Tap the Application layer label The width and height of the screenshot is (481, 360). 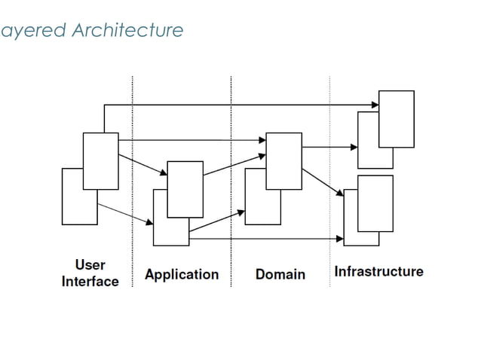[181, 274]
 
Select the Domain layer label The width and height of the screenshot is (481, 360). [280, 274]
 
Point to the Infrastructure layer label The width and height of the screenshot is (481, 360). [378, 271]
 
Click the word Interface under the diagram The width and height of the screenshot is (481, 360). [90, 282]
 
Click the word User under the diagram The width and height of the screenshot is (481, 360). [90, 265]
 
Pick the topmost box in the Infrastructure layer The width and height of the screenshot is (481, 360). [396, 119]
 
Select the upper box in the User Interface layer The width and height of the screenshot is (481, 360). [100, 160]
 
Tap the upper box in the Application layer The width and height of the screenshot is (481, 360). [185, 189]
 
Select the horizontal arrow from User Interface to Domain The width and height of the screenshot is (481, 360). [188, 140]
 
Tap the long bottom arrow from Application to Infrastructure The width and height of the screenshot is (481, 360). [264, 239]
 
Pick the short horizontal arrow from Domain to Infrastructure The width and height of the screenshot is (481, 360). [329, 147]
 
